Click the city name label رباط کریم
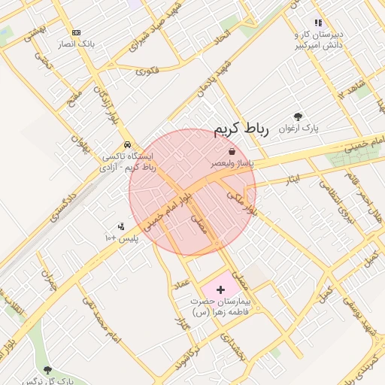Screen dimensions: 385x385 point(241,129)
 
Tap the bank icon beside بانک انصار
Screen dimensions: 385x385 point(76,32)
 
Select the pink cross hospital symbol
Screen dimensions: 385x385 point(220,289)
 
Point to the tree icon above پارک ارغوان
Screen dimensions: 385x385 point(299,117)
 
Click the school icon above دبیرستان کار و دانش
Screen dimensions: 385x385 point(318,23)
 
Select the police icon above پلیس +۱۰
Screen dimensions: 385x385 point(120,226)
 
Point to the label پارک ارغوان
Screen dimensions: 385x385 point(299,129)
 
